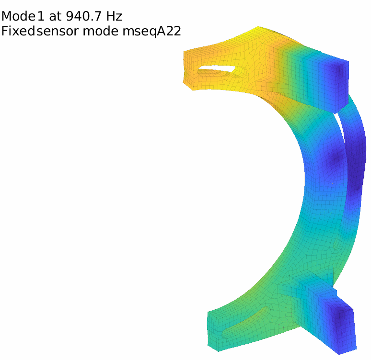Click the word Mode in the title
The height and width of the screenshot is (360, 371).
18,16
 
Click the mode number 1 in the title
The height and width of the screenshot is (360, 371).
40,16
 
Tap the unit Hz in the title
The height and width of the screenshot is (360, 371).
114,16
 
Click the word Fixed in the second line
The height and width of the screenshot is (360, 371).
18,31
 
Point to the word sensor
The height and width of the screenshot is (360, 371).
58,31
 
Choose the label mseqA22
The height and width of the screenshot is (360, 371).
151,32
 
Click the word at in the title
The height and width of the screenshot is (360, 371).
55,16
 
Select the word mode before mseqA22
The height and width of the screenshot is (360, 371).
100,31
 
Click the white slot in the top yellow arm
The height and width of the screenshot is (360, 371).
217,68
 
